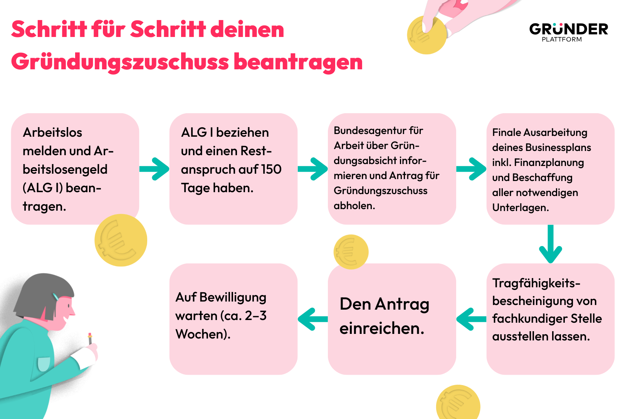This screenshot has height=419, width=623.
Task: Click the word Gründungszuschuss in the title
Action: pyautogui.click(x=120, y=62)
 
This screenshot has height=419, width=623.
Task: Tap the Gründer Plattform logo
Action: pyautogui.click(x=569, y=32)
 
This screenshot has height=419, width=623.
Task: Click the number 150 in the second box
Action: pyautogui.click(x=271, y=169)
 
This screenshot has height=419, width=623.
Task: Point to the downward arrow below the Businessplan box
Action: pyautogui.click(x=551, y=244)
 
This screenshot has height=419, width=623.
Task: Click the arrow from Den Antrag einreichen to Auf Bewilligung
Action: pyautogui.click(x=312, y=319)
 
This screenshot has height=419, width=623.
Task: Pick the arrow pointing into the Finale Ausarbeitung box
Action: pyautogui.click(x=471, y=169)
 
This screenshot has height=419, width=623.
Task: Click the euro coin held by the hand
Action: pyautogui.click(x=427, y=35)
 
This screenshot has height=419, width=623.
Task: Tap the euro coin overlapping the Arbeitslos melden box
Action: pyautogui.click(x=121, y=240)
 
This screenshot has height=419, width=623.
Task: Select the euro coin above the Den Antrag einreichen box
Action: pyautogui.click(x=351, y=252)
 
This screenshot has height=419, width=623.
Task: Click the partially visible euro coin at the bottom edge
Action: pyautogui.click(x=458, y=402)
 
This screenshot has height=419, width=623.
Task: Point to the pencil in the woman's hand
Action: pyautogui.click(x=90, y=339)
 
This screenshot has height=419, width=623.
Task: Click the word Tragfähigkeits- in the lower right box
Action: pyautogui.click(x=536, y=283)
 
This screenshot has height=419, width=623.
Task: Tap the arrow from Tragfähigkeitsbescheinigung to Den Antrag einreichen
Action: pyautogui.click(x=471, y=319)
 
